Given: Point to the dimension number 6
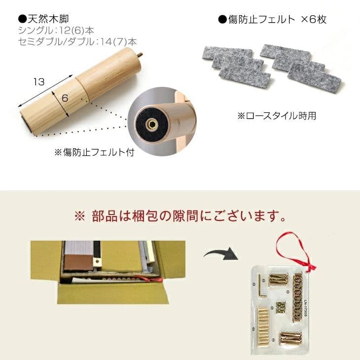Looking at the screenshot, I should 65,98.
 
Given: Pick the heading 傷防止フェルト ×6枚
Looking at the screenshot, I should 277,20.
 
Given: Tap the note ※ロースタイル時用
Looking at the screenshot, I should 276,116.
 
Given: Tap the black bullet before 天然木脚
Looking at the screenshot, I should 22,20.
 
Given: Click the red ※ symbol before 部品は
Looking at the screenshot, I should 79,216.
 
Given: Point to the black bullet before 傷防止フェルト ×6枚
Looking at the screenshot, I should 222,20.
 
